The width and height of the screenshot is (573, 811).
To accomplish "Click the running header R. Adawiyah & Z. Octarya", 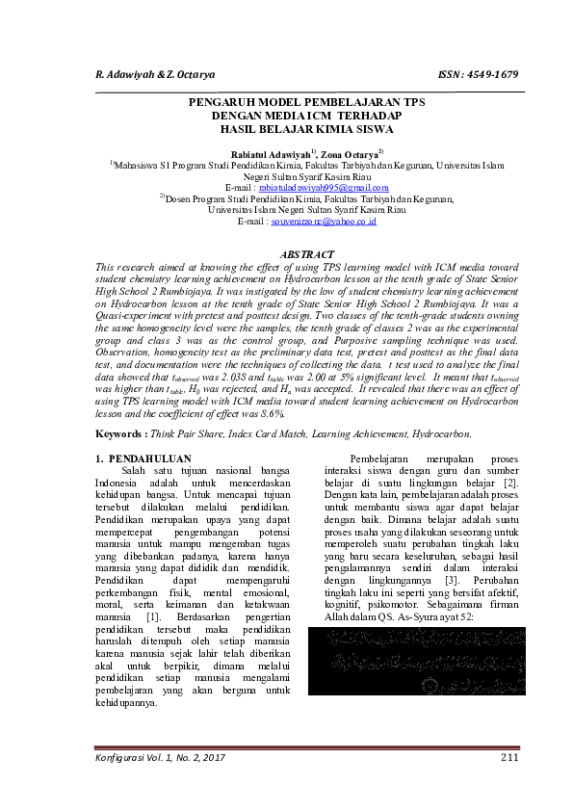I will point(155,74).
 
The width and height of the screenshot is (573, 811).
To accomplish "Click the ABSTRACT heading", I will point(308,254).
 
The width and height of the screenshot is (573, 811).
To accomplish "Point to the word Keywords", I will point(124,435).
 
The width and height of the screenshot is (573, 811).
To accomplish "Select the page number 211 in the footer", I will point(509,758).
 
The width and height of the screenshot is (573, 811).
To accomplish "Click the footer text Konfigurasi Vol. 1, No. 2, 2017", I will point(161,758).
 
